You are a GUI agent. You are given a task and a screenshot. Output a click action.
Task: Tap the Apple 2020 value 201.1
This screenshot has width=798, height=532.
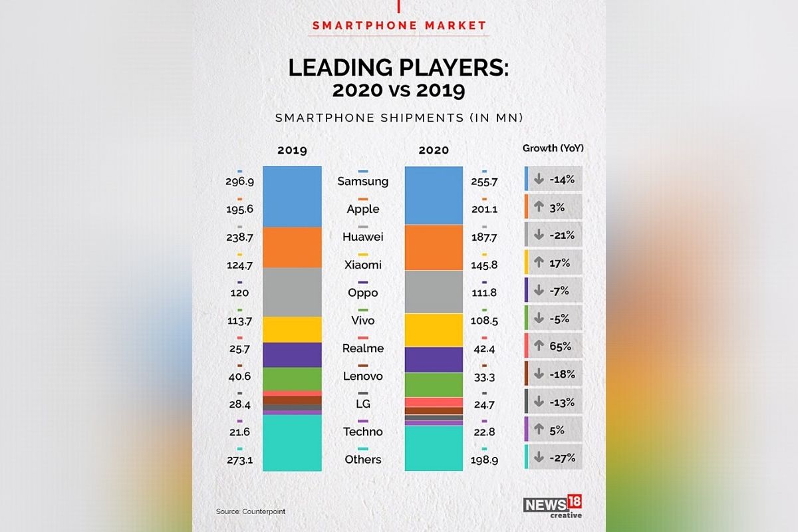point(484,209)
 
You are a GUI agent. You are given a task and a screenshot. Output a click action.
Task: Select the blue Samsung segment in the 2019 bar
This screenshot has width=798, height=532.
point(292,196)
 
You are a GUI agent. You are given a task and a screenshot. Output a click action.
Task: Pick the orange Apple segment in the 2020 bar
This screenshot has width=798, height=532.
point(434,247)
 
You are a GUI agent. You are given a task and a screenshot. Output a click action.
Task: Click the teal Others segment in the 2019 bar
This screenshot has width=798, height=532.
point(292,442)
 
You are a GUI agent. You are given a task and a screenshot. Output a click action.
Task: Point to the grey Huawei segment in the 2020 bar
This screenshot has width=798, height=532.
point(434,291)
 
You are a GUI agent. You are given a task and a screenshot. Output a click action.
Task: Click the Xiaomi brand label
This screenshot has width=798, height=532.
point(363,265)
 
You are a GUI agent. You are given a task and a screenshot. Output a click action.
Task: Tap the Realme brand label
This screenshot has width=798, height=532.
point(363,348)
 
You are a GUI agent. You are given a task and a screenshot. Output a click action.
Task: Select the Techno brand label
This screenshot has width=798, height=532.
point(363,432)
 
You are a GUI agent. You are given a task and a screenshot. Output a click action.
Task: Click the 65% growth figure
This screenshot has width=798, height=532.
point(560,346)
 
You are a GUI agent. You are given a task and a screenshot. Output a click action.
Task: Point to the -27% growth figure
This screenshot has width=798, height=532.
point(562,458)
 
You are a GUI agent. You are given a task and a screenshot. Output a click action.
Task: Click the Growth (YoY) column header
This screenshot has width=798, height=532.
point(553,148)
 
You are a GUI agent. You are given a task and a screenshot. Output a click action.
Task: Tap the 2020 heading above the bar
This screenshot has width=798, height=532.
point(434,150)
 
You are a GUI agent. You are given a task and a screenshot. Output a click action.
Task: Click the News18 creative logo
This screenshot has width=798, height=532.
point(553,507)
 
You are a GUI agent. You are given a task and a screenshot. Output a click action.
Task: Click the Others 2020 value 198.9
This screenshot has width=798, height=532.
point(484,460)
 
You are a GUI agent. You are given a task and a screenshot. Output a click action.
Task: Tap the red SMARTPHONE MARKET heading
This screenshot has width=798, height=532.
point(399,26)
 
